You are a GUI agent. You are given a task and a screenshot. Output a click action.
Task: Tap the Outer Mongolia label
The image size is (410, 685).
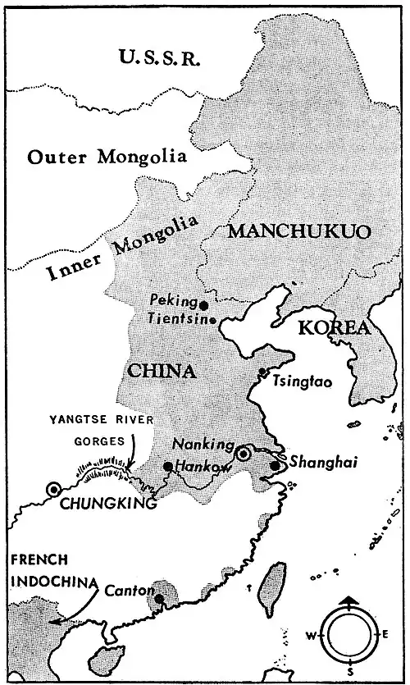tap(105, 157)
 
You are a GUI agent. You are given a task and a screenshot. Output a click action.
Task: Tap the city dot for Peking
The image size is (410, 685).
tap(204, 304)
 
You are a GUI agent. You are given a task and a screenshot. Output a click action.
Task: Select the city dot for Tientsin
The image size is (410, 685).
tap(212, 320)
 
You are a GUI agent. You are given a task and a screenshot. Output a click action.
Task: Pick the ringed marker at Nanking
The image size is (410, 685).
tap(243, 454)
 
